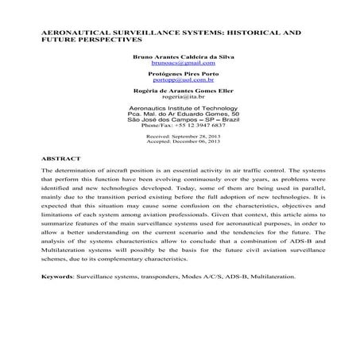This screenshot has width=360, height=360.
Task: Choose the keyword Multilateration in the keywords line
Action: [x=269, y=277]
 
